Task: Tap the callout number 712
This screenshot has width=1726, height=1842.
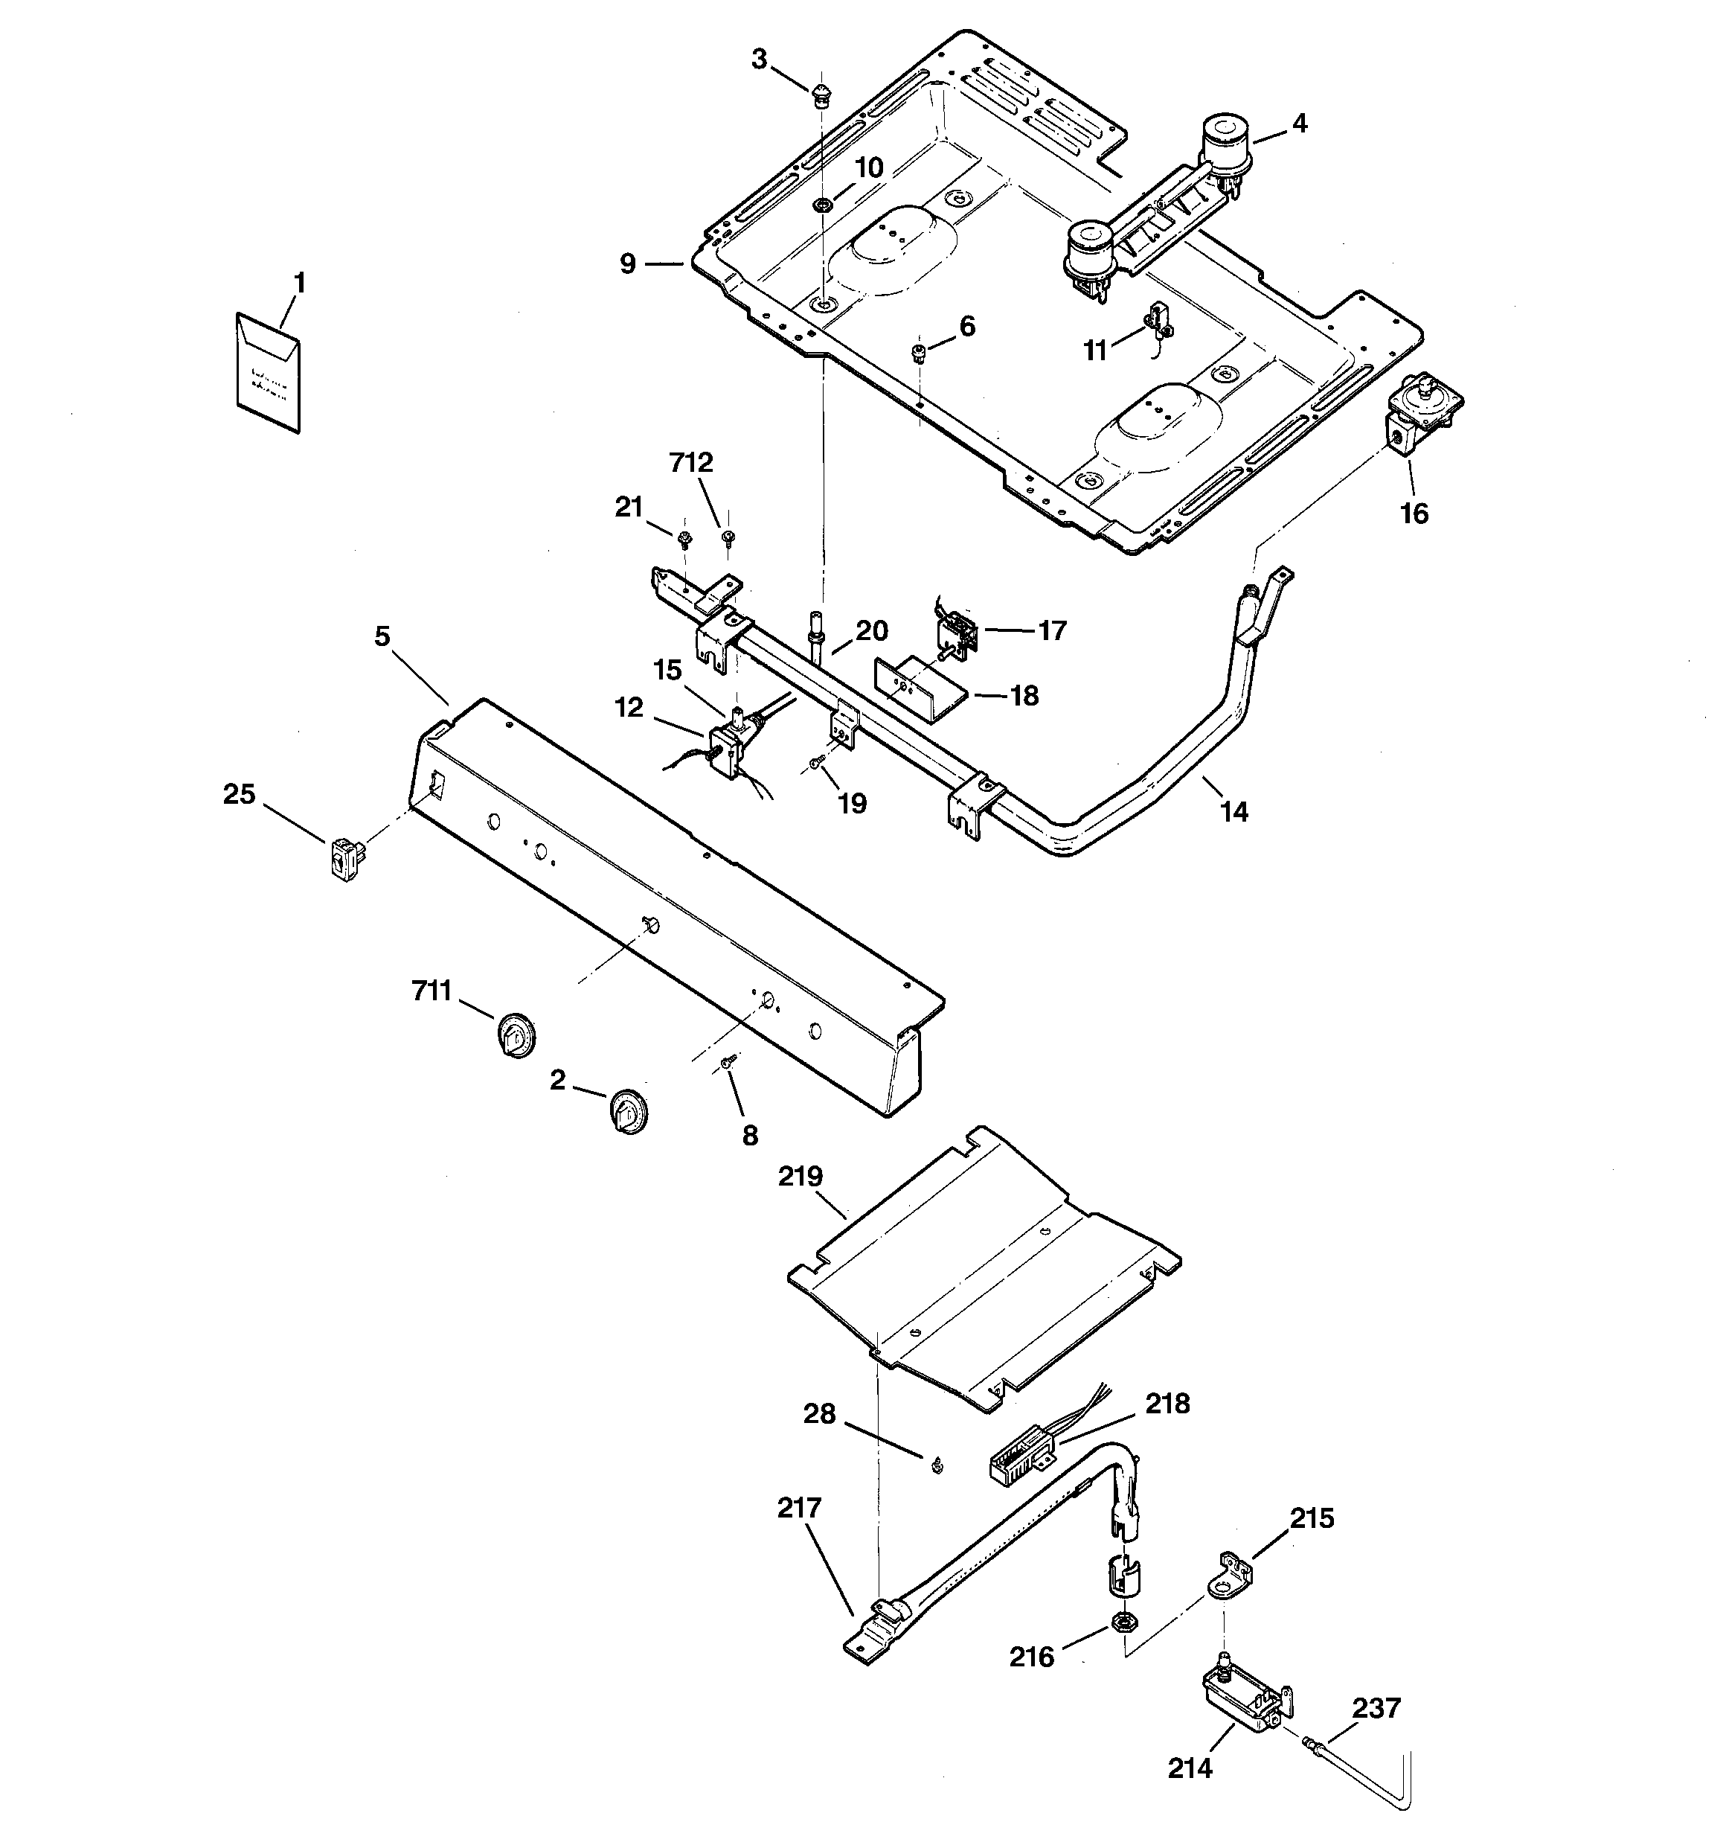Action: pyautogui.click(x=691, y=463)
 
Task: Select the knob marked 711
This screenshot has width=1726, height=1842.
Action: pyautogui.click(x=515, y=1036)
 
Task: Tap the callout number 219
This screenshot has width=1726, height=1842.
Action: pyautogui.click(x=801, y=1177)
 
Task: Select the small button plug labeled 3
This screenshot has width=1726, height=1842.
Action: pyautogui.click(x=820, y=95)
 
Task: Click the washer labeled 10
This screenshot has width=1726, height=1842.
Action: pyautogui.click(x=821, y=205)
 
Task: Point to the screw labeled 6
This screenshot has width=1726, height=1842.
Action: pyautogui.click(x=918, y=351)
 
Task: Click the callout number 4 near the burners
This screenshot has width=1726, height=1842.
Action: pyautogui.click(x=1300, y=124)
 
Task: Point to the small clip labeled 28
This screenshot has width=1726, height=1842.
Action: pyautogui.click(x=936, y=1463)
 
